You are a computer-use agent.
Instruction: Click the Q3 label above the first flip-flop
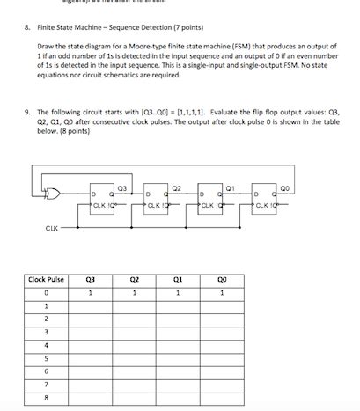(x=121, y=187)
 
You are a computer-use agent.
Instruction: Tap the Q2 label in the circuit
(x=176, y=187)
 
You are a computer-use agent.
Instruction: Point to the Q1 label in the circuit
(x=230, y=187)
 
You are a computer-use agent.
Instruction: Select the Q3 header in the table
(x=90, y=279)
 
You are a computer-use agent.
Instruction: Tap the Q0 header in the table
(x=222, y=279)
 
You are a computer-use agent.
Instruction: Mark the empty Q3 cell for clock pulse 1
(x=90, y=305)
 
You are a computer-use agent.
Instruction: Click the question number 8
(x=27, y=27)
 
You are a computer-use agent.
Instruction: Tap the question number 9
(x=27, y=112)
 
